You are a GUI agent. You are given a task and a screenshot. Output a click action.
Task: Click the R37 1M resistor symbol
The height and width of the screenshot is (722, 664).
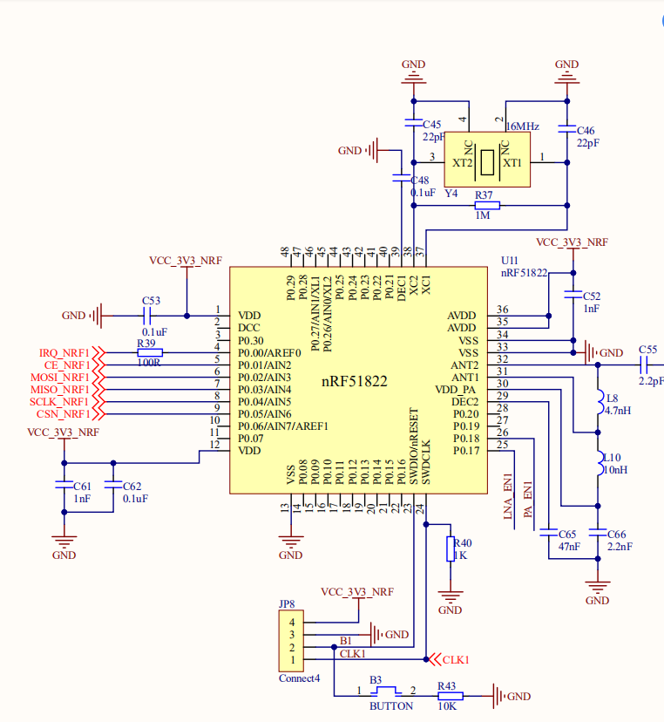coord(486,206)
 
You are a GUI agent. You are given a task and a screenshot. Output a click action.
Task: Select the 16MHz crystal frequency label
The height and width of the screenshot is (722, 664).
coord(522,126)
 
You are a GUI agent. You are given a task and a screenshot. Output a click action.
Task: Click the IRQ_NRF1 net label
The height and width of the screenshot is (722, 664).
coord(64,353)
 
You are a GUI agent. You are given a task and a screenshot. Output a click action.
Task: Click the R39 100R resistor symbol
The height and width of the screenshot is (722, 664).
coord(150,352)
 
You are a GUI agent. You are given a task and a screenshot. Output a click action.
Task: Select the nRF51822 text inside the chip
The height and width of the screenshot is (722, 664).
coord(354,381)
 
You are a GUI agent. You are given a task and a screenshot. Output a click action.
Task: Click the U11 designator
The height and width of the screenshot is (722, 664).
coord(510,261)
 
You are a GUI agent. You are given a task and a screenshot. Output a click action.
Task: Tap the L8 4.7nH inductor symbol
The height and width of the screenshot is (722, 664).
coord(598,402)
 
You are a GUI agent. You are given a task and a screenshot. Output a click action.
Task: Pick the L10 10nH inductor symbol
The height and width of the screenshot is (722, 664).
coord(598,463)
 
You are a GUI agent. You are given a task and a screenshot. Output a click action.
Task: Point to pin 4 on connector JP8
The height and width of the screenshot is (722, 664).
coord(292,622)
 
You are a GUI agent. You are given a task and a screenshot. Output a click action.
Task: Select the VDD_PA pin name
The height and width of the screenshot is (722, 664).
coord(456,389)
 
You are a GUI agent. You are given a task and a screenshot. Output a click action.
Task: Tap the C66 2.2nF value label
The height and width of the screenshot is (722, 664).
coord(620,547)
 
